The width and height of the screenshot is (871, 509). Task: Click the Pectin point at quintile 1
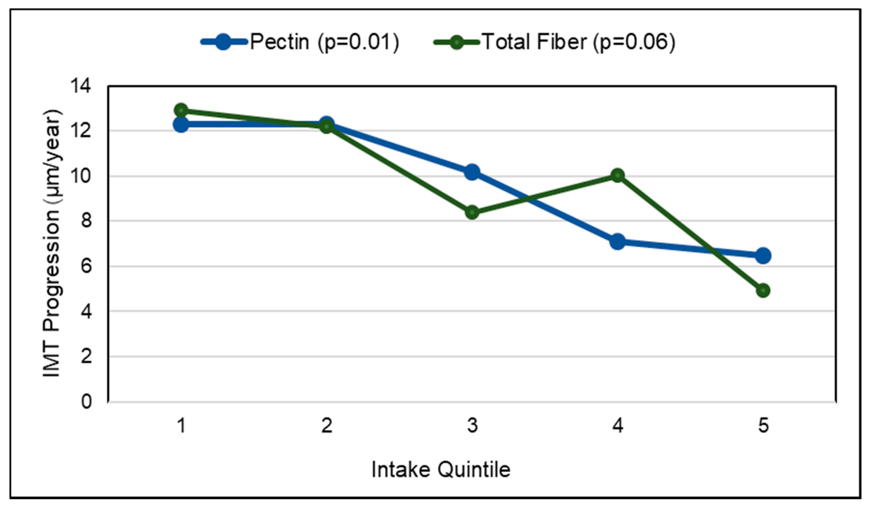coord(181,124)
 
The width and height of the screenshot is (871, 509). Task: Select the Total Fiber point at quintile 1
coord(181,110)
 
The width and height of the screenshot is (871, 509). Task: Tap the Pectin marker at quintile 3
coord(472,172)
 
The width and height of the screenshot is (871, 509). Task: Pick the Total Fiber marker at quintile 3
coord(472,212)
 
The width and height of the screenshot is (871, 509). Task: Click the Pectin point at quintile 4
coord(618,241)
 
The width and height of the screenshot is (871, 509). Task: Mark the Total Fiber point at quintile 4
coord(618,176)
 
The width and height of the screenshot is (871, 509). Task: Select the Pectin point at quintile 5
coord(763,256)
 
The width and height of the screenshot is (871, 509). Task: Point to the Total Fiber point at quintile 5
coord(763,290)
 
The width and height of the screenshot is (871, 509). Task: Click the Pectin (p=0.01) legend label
coord(324,42)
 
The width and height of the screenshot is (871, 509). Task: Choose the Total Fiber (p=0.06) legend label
coord(578,42)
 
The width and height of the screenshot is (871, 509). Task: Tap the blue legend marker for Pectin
coord(223,42)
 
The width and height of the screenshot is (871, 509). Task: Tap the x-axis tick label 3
coord(472,425)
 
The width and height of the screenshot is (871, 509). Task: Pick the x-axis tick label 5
coord(763,425)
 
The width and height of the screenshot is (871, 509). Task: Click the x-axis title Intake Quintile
coord(441,470)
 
